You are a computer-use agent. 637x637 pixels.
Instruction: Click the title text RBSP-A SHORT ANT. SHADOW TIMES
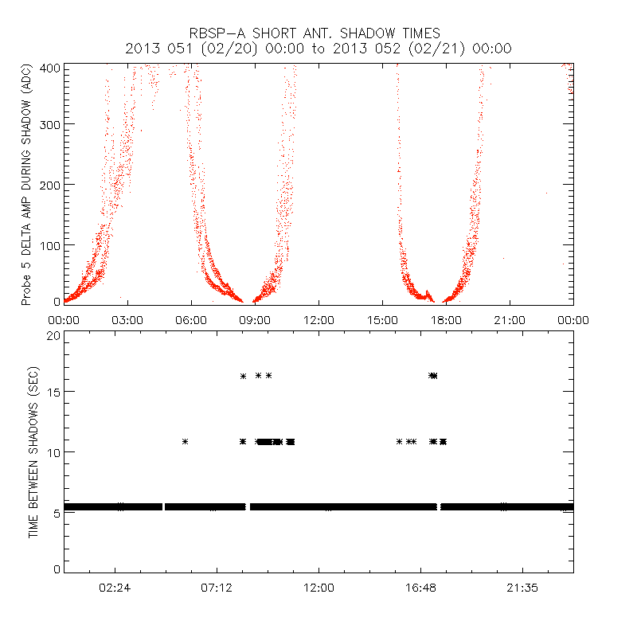coord(318,33)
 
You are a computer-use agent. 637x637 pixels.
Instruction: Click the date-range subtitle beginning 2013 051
coord(318,49)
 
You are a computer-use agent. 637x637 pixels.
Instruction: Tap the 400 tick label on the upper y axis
coord(49,67)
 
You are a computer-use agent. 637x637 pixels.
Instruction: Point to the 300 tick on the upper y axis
coord(49,124)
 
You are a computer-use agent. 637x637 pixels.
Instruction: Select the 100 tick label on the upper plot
coord(49,244)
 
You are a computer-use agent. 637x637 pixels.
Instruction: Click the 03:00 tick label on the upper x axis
coord(127,320)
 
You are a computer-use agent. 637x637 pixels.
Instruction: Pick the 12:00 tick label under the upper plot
coord(318,320)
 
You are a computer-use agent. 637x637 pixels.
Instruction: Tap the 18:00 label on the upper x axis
coord(446,320)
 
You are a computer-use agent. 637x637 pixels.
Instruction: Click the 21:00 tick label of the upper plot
coord(510,320)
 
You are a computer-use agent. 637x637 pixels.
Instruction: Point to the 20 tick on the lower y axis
coord(53,335)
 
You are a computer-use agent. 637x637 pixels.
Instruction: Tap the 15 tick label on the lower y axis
coord(53,392)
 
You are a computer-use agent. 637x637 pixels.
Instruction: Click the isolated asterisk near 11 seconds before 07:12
coord(185,441)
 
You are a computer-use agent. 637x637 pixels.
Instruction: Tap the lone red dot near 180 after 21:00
coord(546,193)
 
